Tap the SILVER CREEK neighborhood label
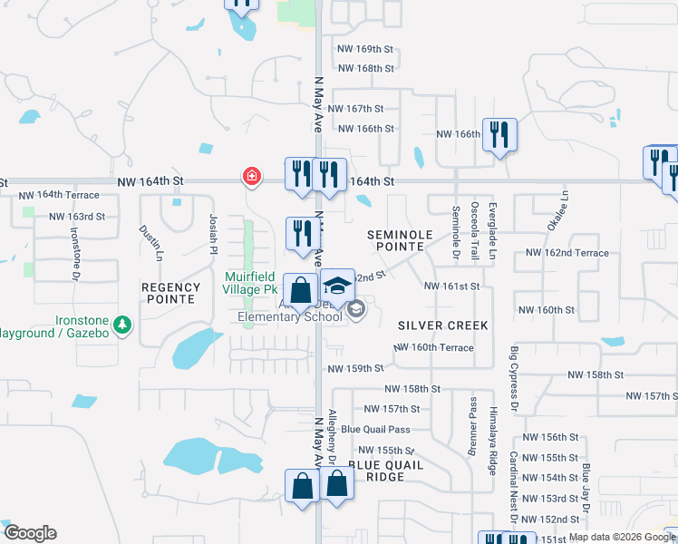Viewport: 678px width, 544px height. [x=443, y=325]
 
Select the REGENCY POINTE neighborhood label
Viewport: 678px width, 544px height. [x=169, y=293]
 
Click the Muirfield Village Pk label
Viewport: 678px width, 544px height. [x=249, y=282]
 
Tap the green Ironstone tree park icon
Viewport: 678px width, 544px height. [x=121, y=323]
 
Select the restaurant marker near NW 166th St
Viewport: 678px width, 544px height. [x=499, y=135]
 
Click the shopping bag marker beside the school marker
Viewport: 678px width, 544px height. [x=301, y=290]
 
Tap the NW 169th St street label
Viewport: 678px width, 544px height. [x=365, y=48]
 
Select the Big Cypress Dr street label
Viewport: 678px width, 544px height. [x=514, y=374]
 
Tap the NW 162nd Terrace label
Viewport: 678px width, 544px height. [x=567, y=253]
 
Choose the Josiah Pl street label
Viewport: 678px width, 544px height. [x=214, y=232]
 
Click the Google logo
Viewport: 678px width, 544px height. [x=29, y=533]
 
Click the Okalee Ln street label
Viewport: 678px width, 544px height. [x=564, y=209]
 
